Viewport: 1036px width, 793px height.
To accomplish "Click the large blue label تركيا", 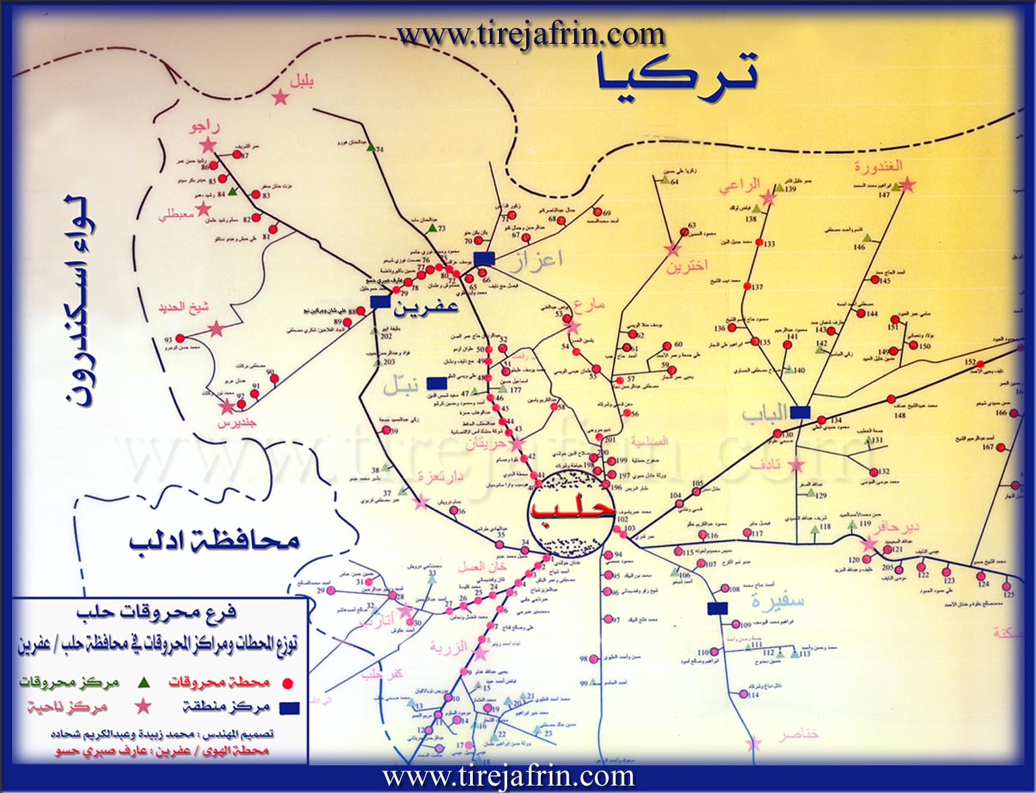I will [x=677, y=74].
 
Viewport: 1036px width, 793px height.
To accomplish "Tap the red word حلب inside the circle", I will [x=572, y=507].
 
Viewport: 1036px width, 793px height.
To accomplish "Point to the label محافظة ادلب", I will [x=214, y=541].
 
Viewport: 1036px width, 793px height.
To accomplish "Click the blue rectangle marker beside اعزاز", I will [x=484, y=258].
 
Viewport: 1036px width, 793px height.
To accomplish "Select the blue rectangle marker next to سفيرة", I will [x=718, y=608].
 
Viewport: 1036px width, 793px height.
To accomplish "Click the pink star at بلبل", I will [x=281, y=98].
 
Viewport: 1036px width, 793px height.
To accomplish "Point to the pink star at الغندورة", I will [x=907, y=183].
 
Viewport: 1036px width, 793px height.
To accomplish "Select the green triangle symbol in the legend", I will [x=143, y=682].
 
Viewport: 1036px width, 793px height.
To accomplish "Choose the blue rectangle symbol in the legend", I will [x=289, y=707].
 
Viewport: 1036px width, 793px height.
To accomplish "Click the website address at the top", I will [x=531, y=33].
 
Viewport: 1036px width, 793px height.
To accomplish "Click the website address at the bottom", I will [x=509, y=777].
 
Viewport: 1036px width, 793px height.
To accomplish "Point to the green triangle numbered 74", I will [x=370, y=149].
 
